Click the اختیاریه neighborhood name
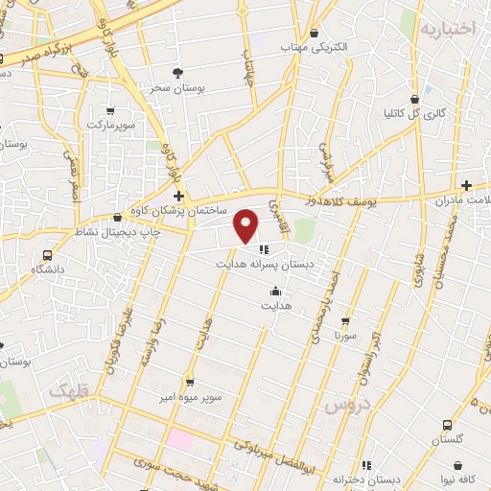pyautogui.click(x=447, y=29)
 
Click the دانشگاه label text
pyautogui.click(x=47, y=269)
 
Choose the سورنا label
pyautogui.click(x=345, y=337)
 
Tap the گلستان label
pyautogui.click(x=447, y=439)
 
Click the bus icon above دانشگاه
pyautogui.click(x=47, y=255)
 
